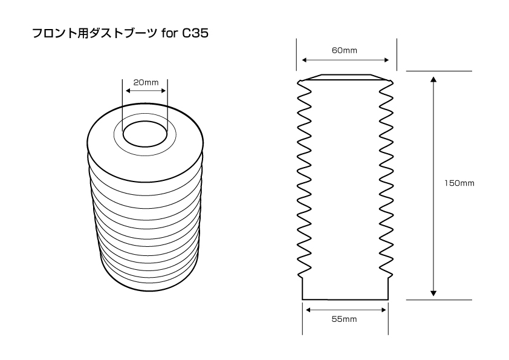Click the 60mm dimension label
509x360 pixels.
pos(345,50)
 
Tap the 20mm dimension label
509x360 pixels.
pos(146,82)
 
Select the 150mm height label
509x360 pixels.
pos(459,183)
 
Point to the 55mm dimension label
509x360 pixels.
pos(344,319)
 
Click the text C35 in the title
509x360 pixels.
pos(195,33)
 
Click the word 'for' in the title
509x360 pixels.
pos(169,33)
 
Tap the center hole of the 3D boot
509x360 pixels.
pos(145,134)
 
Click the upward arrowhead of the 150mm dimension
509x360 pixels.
pos(433,79)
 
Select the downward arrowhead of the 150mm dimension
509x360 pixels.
pos(433,292)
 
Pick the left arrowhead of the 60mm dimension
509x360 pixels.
pos(305,60)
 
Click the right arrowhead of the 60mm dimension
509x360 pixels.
pos(386,60)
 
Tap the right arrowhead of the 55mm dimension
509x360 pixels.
pos(383,310)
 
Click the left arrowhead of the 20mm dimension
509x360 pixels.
pos(129,91)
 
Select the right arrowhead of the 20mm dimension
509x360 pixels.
pos(163,91)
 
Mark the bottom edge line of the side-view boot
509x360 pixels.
pos(345,299)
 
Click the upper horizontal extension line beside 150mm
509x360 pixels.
pos(439,71)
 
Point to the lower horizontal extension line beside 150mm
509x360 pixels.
pos(439,299)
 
